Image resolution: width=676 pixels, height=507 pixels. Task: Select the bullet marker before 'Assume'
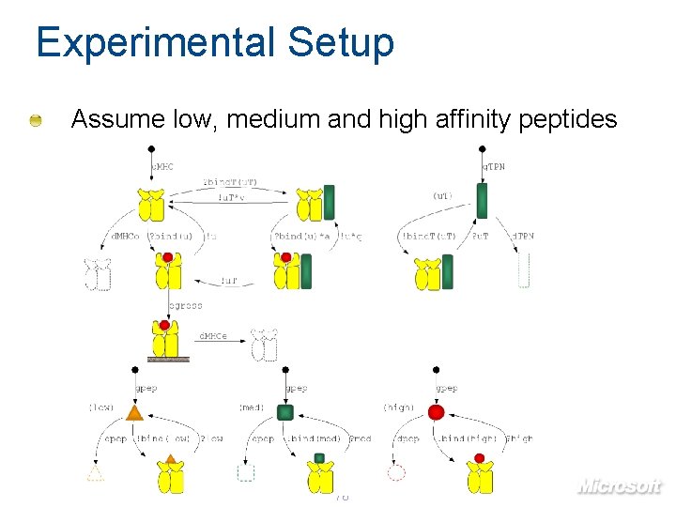click(35, 120)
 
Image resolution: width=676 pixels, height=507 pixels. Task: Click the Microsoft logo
click(619, 486)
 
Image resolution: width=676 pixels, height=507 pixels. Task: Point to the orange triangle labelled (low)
click(135, 412)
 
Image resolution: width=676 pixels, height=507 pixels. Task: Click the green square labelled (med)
click(286, 411)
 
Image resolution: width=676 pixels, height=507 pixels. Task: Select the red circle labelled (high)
click(436, 411)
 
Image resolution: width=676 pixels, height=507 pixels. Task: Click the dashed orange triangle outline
click(96, 474)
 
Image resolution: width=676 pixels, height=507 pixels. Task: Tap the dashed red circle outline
click(396, 472)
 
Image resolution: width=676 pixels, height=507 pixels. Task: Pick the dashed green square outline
click(246, 472)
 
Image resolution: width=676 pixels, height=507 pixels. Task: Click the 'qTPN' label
click(495, 166)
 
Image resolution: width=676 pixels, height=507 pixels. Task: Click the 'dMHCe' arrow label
click(211, 335)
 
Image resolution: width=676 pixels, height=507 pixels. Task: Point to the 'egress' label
click(185, 305)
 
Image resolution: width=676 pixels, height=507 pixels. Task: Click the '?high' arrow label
click(518, 438)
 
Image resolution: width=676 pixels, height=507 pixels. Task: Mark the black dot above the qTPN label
click(482, 148)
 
